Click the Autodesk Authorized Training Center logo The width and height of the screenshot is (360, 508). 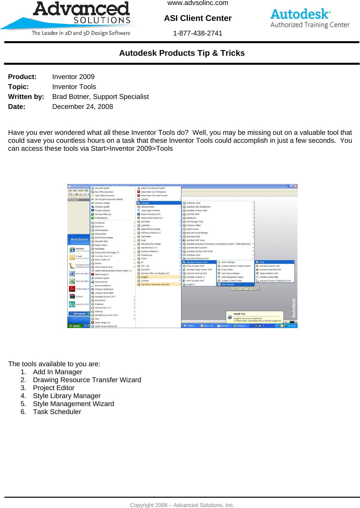[x=310, y=18]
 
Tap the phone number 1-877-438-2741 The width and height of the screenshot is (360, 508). [x=198, y=33]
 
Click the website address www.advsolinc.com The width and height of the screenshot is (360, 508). [x=198, y=3]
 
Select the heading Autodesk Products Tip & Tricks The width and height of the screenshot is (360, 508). [x=182, y=53]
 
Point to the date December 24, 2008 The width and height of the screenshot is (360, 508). [x=83, y=107]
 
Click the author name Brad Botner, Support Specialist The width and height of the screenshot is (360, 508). [x=101, y=97]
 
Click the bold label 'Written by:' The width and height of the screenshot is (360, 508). [x=26, y=97]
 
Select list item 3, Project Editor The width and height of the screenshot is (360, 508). [x=54, y=388]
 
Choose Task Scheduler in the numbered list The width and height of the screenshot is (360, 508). [x=57, y=412]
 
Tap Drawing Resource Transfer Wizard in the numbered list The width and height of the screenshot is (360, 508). [x=87, y=380]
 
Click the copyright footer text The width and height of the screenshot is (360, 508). [x=182, y=505]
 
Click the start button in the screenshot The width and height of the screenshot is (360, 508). [x=75, y=326]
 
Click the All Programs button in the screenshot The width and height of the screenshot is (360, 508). [x=79, y=313]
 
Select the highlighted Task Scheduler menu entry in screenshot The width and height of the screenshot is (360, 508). [x=228, y=284]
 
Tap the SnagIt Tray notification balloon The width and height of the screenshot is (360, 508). [x=255, y=317]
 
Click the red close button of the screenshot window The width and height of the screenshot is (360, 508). [x=295, y=186]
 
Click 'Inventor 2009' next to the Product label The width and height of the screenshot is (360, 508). [x=73, y=77]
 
